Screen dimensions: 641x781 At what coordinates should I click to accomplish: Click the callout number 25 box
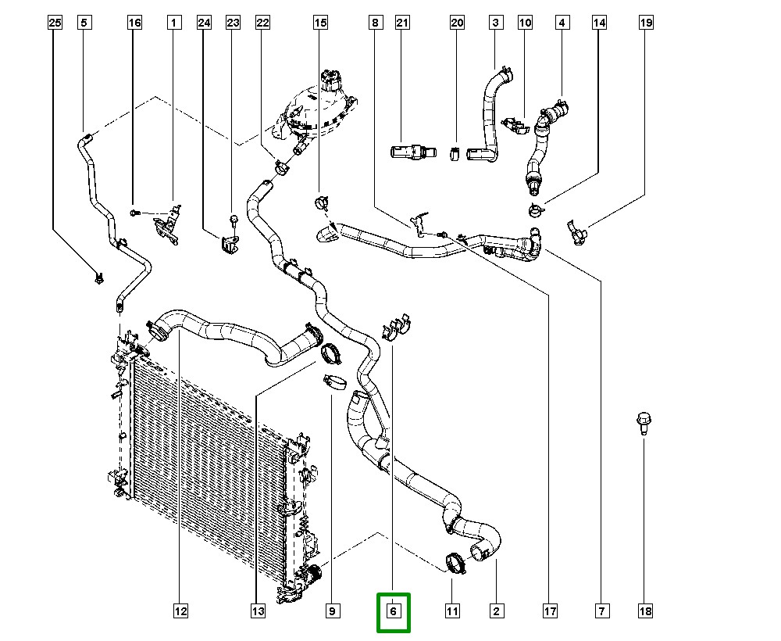[54, 23]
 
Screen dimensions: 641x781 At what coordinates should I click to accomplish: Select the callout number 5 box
[84, 23]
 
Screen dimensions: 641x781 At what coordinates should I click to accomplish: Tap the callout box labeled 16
[135, 23]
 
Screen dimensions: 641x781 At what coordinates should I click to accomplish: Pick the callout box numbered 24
[204, 23]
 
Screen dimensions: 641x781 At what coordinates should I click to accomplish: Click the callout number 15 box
[320, 23]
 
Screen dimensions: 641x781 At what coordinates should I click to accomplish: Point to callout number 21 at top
[402, 23]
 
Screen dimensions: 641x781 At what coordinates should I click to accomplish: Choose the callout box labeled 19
[646, 23]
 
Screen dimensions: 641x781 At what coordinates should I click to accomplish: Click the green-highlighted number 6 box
[394, 611]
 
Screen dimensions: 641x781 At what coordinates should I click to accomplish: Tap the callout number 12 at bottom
[180, 611]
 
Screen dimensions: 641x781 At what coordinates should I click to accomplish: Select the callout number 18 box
[645, 611]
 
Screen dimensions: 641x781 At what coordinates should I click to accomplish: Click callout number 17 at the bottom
[550, 611]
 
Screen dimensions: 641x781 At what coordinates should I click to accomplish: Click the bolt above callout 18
[644, 423]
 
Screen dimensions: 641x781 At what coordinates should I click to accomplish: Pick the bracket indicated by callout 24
[227, 244]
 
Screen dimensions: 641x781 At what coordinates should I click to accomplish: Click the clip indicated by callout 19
[576, 231]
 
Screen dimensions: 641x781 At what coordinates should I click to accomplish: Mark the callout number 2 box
[496, 611]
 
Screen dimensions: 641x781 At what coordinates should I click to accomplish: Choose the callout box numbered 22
[262, 23]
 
